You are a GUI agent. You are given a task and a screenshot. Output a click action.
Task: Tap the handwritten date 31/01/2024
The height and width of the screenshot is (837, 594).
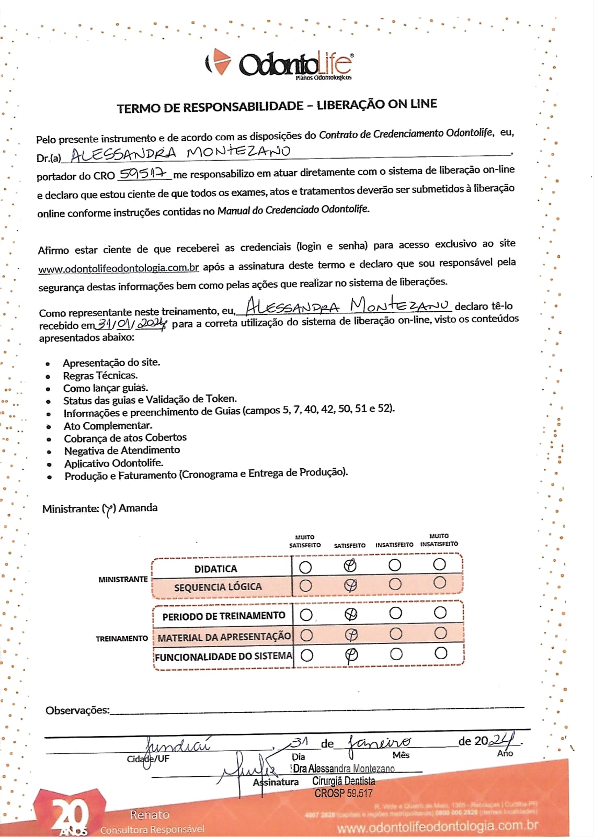[132, 324]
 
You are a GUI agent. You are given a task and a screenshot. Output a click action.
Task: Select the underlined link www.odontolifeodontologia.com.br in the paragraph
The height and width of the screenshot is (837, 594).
[119, 268]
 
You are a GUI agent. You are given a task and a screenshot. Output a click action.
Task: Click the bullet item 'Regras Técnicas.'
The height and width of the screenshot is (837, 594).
[100, 376]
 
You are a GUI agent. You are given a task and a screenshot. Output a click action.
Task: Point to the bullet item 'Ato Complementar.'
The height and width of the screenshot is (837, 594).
[108, 426]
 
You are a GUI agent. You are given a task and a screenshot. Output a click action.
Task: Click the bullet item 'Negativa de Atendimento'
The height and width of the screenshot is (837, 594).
[122, 450]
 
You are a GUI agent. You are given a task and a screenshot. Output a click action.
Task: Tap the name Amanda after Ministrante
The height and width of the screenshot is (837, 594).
[138, 508]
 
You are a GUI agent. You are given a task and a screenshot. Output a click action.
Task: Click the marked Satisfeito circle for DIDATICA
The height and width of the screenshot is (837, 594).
[350, 565]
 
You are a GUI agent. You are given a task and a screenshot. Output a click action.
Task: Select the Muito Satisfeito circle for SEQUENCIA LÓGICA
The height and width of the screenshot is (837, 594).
[305, 585]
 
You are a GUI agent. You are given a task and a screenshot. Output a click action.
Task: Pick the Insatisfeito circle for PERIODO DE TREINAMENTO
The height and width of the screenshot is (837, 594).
[396, 613]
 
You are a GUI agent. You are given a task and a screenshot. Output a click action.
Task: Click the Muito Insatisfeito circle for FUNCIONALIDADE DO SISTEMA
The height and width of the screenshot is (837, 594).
[441, 653]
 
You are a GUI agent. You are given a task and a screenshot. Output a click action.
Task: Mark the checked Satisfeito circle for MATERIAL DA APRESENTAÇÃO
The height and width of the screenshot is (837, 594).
[351, 635]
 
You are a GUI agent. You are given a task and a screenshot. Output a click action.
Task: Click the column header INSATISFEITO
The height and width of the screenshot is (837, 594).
[394, 545]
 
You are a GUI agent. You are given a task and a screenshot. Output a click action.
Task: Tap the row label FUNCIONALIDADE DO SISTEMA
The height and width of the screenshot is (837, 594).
[223, 657]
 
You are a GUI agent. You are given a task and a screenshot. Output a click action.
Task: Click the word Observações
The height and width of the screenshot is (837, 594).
[77, 710]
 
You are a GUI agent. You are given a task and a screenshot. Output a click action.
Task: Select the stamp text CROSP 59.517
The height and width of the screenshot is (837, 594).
[344, 794]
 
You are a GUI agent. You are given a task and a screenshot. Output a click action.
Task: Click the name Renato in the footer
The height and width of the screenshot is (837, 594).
[150, 815]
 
